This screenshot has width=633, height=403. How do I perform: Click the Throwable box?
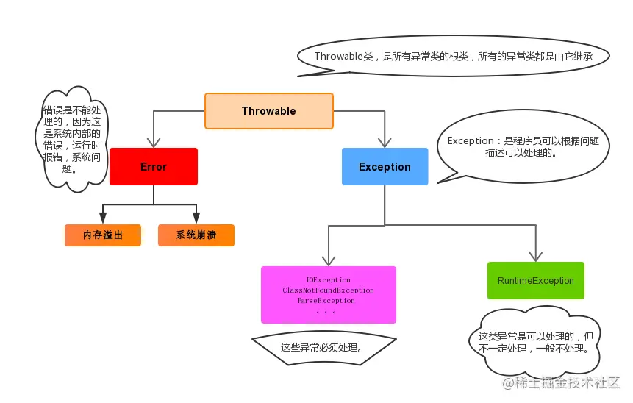coord(268,111)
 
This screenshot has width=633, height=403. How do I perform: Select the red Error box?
coord(154,167)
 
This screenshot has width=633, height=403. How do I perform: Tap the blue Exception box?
coord(385,167)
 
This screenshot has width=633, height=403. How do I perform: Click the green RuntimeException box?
coord(535,280)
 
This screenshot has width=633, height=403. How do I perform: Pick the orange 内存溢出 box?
coord(102,235)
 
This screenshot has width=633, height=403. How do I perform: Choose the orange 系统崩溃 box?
coord(196,235)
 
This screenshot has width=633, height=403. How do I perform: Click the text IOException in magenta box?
coord(328,280)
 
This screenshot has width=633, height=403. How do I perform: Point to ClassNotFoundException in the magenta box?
coord(328,290)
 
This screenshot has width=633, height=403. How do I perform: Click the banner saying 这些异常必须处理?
coord(323,347)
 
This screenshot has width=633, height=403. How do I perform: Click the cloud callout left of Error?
coord(71,139)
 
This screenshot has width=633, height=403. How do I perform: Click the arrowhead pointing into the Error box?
coord(154,141)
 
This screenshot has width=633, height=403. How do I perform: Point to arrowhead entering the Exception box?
coord(385,141)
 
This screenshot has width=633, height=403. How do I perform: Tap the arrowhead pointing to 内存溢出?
coord(102,218)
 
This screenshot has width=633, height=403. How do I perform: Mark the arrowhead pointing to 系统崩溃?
coord(196,218)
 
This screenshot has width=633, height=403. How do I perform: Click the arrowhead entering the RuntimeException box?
coord(535,255)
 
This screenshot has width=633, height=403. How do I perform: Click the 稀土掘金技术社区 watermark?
coord(561,383)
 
